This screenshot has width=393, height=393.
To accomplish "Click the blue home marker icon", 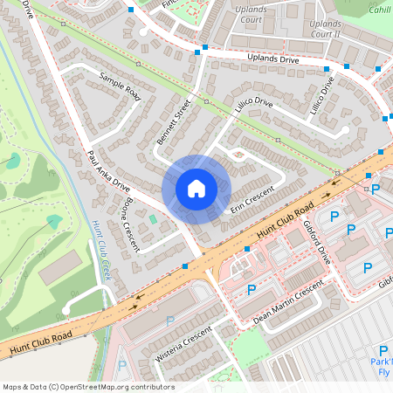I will (196, 189).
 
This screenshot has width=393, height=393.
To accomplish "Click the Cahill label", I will (379, 8).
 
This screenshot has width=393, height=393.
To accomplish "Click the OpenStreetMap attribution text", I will (88, 387).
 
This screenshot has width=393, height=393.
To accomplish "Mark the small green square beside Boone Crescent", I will (153, 219).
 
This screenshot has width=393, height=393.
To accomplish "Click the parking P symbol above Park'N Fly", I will (382, 350).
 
